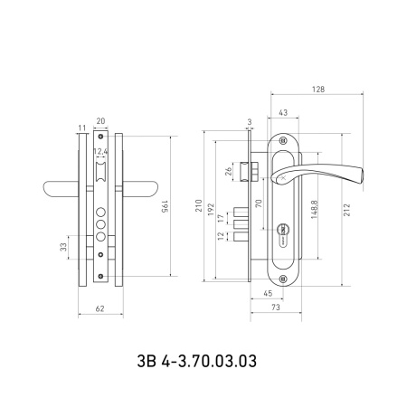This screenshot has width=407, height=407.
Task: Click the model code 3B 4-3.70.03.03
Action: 197,361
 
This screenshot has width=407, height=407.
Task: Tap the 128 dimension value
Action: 318,90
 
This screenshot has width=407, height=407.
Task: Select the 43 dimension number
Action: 283,113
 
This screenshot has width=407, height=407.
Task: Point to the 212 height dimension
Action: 347,210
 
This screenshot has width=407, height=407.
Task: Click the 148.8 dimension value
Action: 314,209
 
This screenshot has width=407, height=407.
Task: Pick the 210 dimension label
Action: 199,205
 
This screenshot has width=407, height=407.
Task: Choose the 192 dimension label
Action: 211,209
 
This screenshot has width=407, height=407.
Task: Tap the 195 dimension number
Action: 165,206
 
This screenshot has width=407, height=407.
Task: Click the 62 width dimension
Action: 99,308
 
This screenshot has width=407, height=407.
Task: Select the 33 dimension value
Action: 63,247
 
